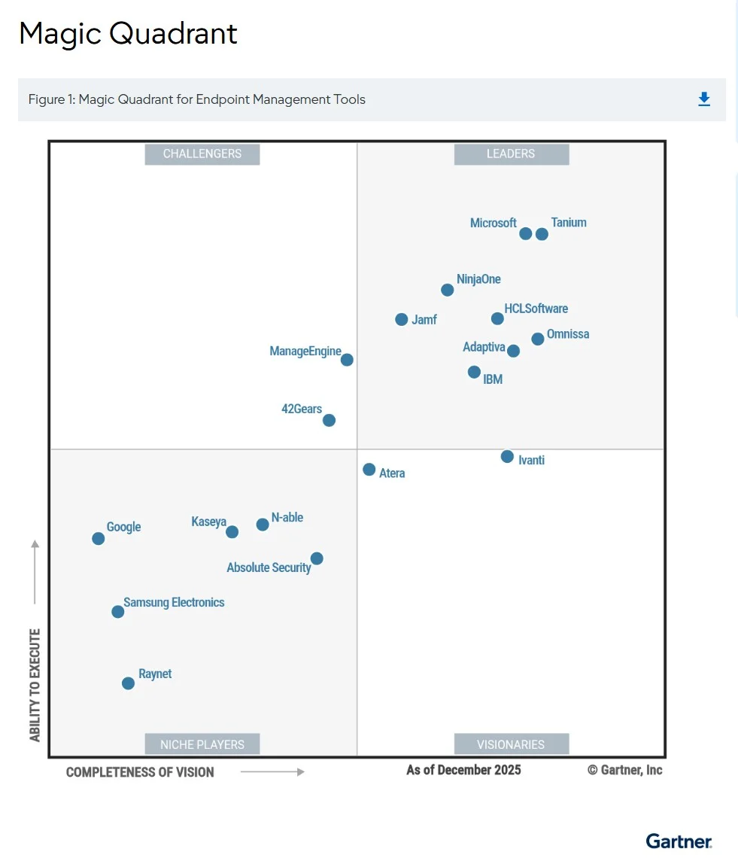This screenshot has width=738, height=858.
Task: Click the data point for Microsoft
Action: (x=525, y=233)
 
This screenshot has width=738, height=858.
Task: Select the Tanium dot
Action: (x=542, y=234)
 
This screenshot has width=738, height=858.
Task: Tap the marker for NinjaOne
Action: (x=447, y=290)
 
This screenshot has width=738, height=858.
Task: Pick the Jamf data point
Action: (x=401, y=320)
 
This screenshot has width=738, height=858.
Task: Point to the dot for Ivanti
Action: (x=507, y=456)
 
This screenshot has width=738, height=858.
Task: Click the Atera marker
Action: (x=369, y=470)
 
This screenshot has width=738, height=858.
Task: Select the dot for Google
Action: (x=99, y=538)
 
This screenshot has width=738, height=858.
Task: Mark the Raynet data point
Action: (x=128, y=683)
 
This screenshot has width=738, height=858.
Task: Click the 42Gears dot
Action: (x=329, y=420)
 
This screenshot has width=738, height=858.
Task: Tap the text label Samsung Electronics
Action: (x=174, y=602)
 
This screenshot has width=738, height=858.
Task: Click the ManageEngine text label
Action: (x=305, y=351)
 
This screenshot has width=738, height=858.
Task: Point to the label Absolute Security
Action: (x=269, y=567)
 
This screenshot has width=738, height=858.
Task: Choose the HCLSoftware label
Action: (x=536, y=309)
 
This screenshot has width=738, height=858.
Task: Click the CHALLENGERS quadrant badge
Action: (x=202, y=154)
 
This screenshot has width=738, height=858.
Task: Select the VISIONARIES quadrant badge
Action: (x=512, y=744)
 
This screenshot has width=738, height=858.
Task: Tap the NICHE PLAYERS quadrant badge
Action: (x=202, y=744)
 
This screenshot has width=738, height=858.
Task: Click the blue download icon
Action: (x=704, y=99)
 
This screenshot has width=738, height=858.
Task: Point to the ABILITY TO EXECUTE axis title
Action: (x=35, y=685)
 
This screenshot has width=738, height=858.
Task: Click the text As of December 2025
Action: (x=463, y=770)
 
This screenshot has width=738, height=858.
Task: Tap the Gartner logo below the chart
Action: (x=679, y=841)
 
